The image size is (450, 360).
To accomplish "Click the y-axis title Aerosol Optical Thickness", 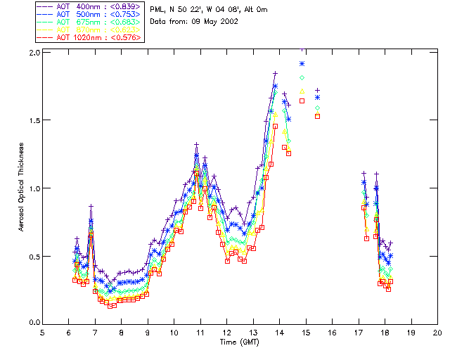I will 22,188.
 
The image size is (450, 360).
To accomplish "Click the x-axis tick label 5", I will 42,332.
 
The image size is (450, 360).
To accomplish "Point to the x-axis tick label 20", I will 437,332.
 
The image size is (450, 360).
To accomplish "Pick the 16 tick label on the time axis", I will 332,332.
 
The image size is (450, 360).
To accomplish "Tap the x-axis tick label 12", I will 226,332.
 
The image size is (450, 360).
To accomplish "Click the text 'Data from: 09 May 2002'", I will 194,22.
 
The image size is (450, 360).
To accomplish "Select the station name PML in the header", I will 157,9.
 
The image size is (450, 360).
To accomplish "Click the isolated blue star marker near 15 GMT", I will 302,64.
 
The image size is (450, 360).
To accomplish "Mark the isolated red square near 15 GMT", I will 302,101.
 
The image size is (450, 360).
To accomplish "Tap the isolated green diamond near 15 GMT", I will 302,77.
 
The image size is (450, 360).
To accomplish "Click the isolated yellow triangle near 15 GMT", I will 302,91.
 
